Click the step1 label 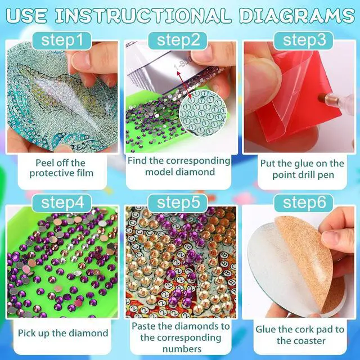tap(62, 40)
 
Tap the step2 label tap(178, 40)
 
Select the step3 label tap(304, 40)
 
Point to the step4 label tap(62, 203)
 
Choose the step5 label tap(178, 203)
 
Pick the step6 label tap(304, 203)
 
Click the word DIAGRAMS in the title tap(297, 16)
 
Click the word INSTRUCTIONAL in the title tap(142, 16)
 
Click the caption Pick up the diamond tap(63, 333)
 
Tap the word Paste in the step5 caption tap(144, 326)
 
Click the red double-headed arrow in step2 tap(184, 85)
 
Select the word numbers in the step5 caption tap(182, 349)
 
